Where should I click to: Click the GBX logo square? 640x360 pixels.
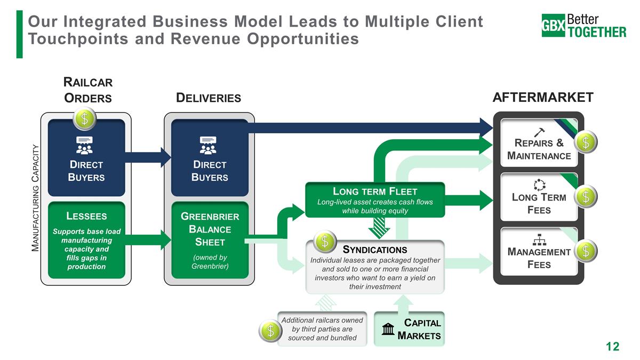pos(553,26)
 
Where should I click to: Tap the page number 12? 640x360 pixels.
pos(613,347)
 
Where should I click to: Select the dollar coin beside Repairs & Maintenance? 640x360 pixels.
pos(586,142)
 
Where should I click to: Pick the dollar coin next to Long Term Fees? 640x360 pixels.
pos(586,196)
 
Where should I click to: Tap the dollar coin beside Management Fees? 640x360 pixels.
pos(586,251)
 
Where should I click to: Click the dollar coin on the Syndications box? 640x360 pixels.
pos(325,242)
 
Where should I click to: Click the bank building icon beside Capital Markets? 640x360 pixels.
pos(389,330)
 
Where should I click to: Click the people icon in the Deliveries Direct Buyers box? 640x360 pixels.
pos(208,146)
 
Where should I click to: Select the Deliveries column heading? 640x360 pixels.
pos(209,98)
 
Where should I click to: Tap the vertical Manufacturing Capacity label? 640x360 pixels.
pos(36,197)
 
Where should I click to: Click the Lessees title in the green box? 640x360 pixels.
pos(86,216)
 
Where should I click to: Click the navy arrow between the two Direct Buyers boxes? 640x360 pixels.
pos(148,157)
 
